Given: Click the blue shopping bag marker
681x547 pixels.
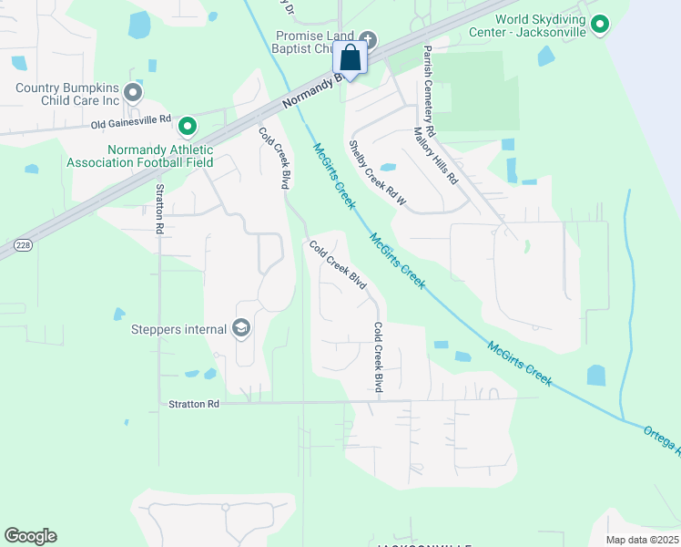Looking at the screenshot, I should click(x=351, y=59).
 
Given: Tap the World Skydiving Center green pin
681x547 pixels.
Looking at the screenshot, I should click(x=600, y=25).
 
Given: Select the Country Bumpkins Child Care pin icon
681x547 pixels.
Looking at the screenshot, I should click(x=133, y=92).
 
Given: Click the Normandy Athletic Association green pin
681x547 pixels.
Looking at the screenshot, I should click(x=188, y=125).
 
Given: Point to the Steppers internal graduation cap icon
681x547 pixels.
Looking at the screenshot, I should click(x=241, y=327).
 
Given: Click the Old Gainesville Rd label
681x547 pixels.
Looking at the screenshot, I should click(x=131, y=119).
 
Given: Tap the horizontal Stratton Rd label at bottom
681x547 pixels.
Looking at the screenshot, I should click(x=194, y=404).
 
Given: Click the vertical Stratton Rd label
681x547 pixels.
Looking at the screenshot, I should click(x=159, y=210).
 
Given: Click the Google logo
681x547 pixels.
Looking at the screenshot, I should click(x=30, y=536).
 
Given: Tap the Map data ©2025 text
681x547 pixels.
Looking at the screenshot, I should click(x=641, y=540).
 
